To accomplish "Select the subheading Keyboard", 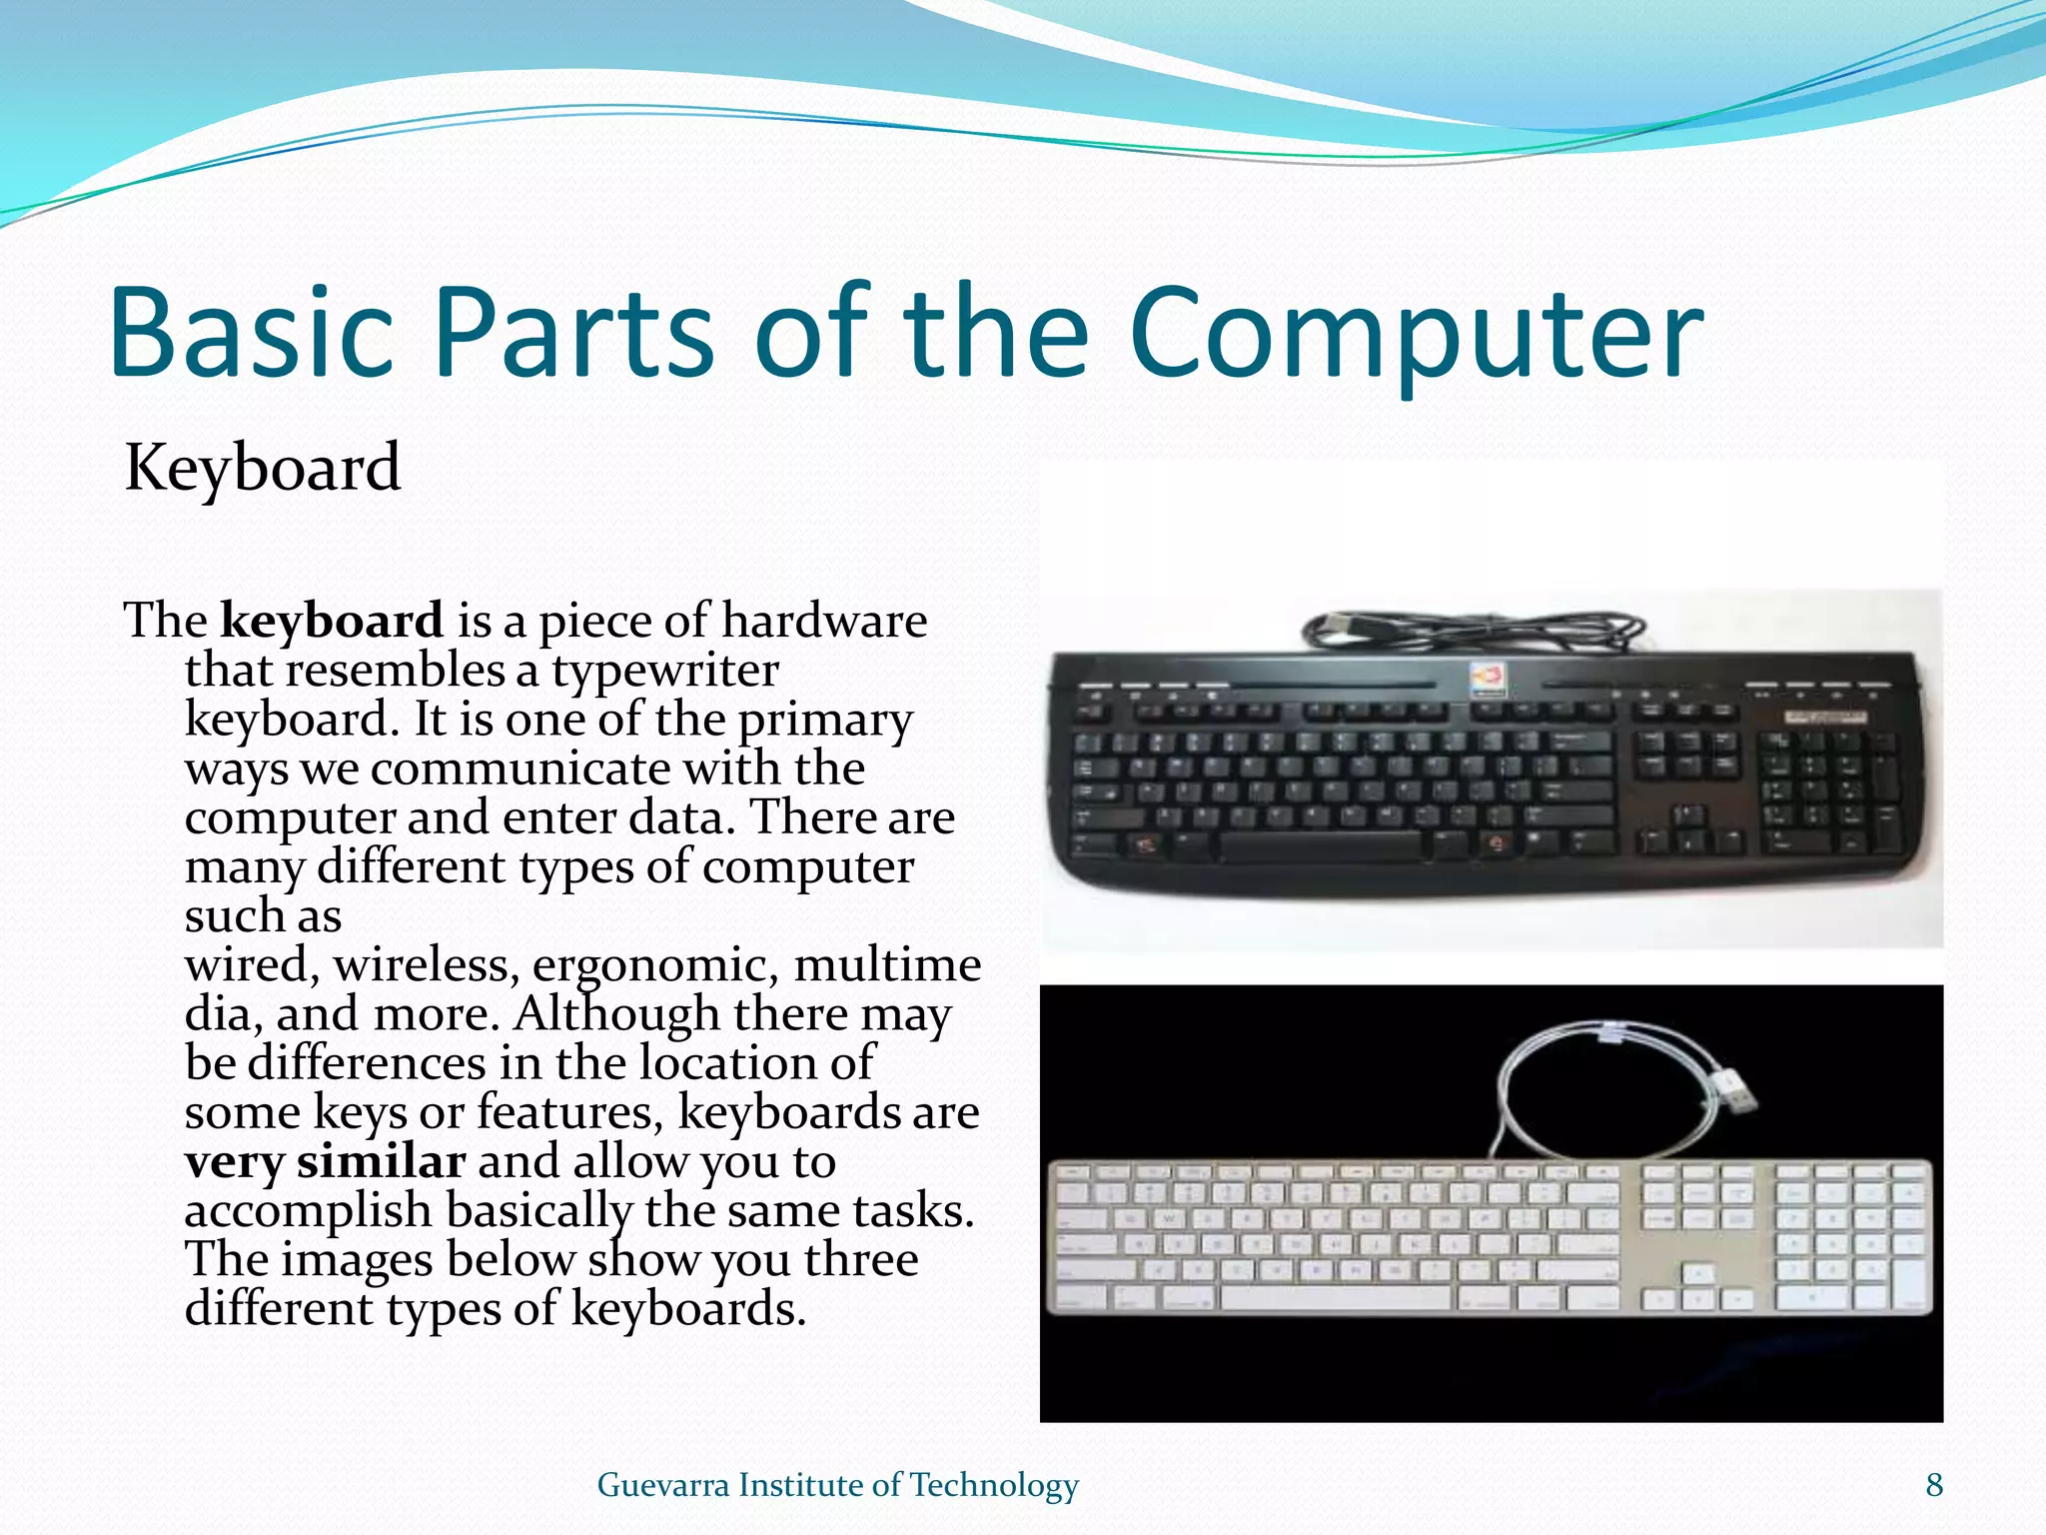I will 263,468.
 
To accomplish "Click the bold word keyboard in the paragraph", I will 332,622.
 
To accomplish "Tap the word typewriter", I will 665,671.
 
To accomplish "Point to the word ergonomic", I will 654,965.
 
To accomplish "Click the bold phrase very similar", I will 325,1162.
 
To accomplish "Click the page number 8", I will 1934,1485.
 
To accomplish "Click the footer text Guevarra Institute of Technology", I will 837,1485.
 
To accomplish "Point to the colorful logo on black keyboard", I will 1486,680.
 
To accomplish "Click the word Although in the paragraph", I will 615,1014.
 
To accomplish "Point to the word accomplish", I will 308,1211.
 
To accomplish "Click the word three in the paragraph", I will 861,1260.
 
